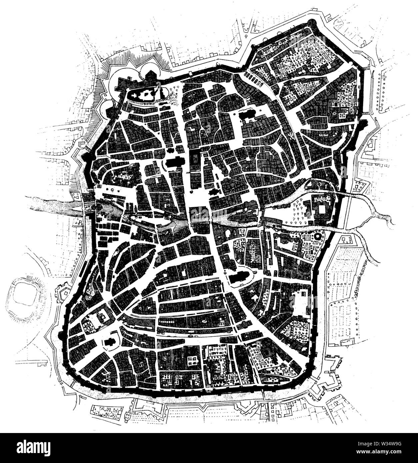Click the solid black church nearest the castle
click(174, 164)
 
